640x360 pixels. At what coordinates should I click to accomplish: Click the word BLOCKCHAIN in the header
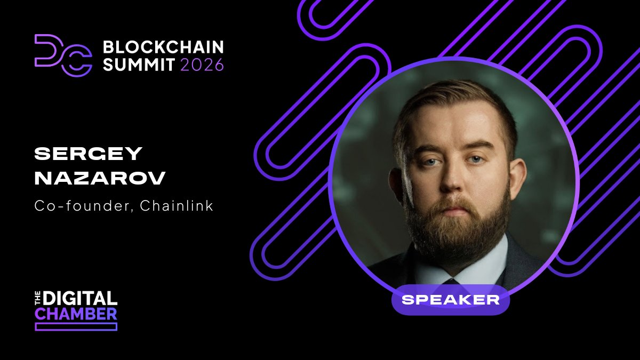[163, 47]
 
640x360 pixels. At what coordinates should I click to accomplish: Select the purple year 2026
[202, 65]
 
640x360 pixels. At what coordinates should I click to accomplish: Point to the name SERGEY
[89, 154]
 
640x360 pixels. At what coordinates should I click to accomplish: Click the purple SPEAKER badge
[451, 300]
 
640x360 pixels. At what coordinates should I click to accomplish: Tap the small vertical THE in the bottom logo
[38, 298]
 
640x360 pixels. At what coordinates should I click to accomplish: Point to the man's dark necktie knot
[451, 279]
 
